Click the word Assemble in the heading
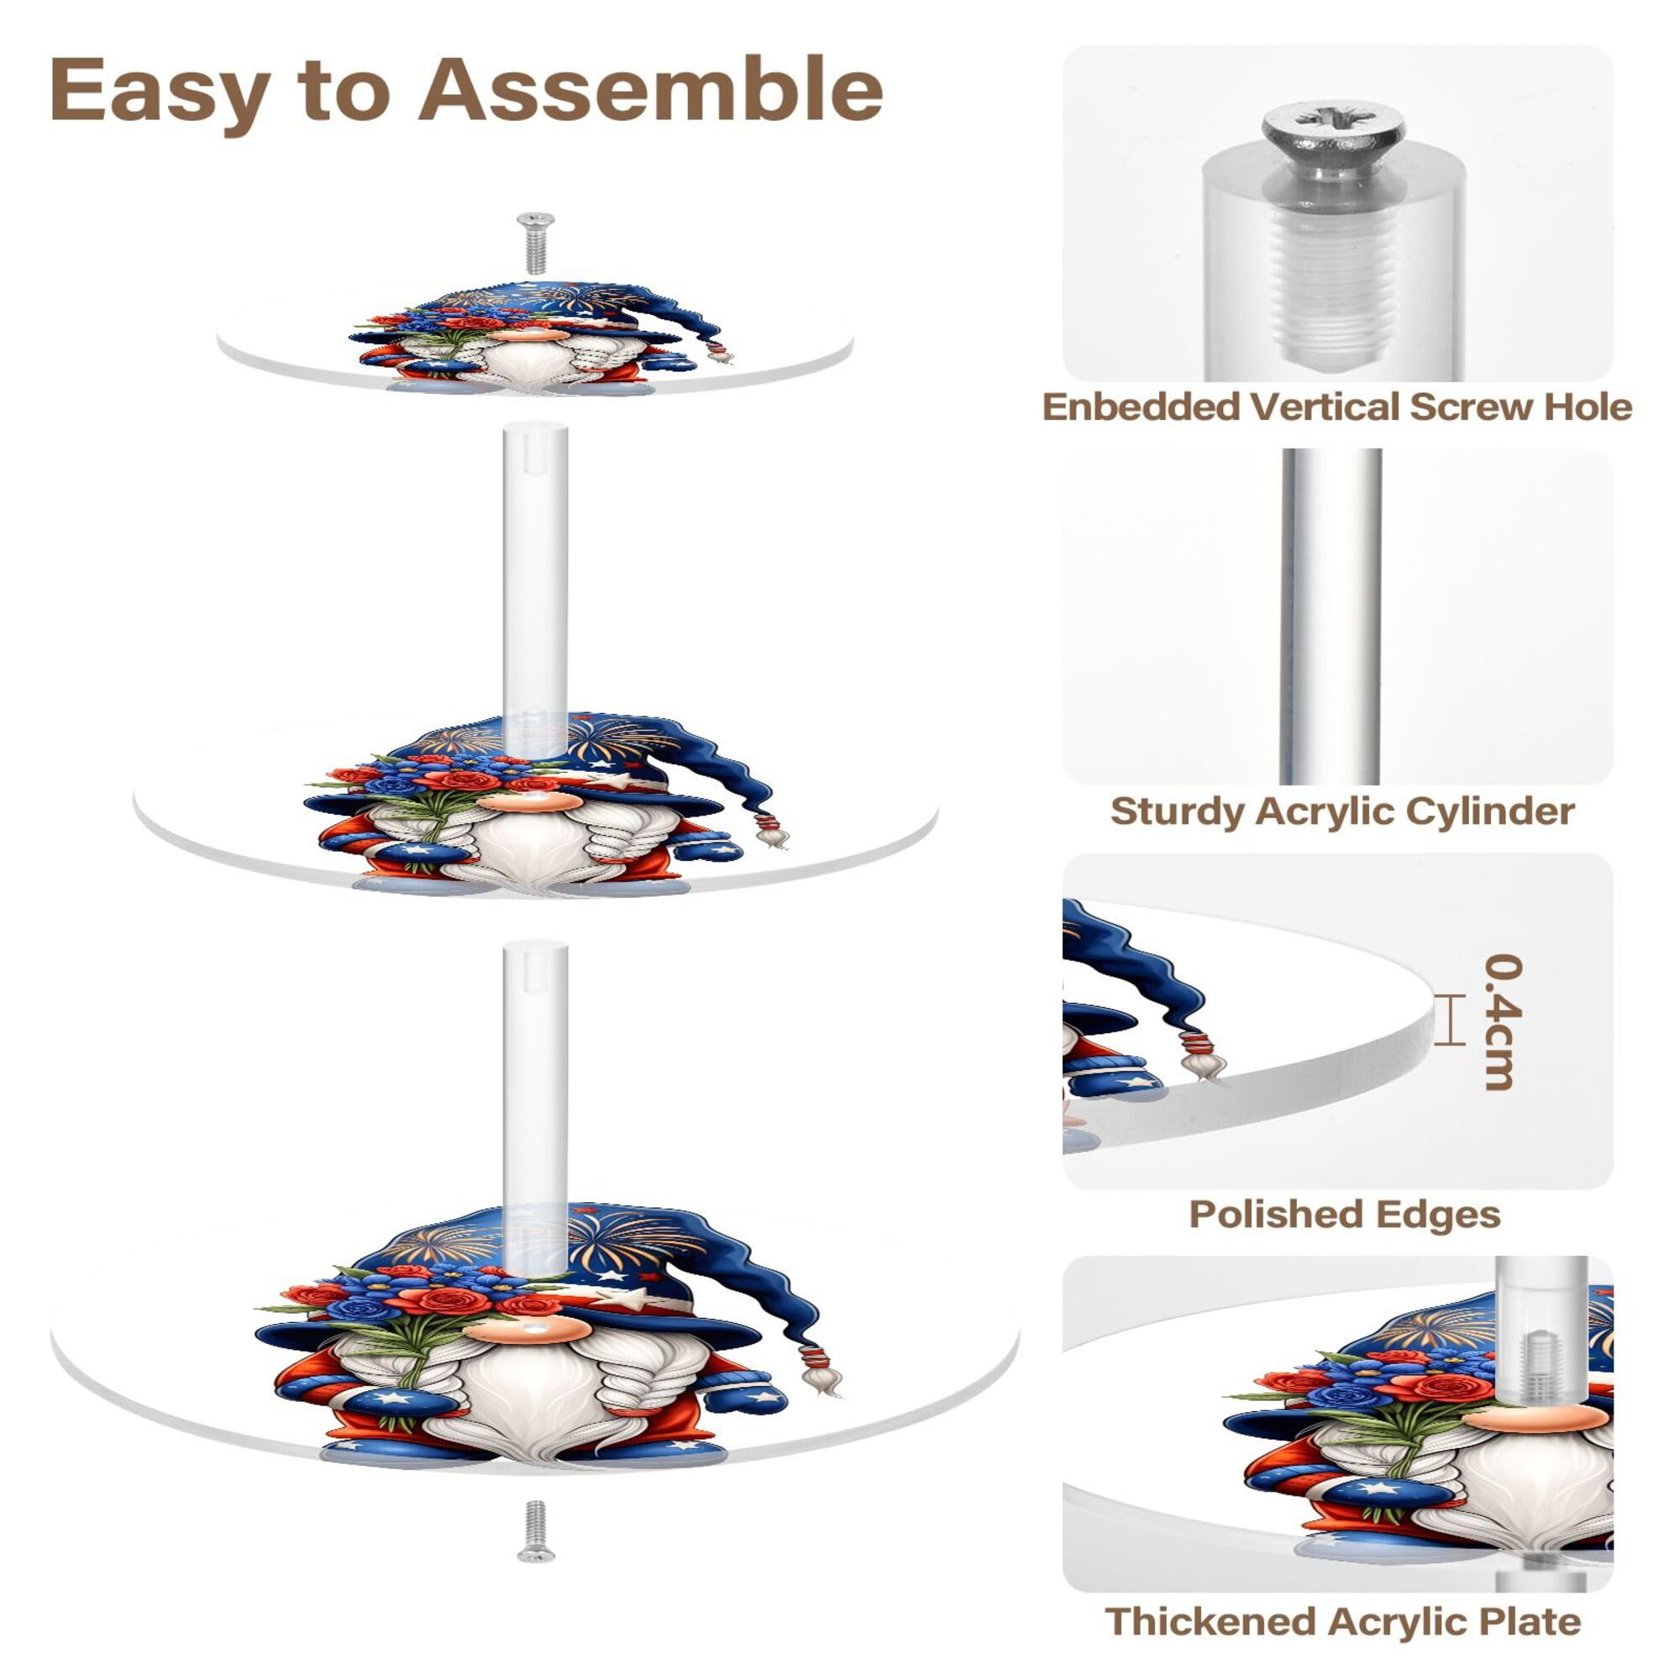coord(650,91)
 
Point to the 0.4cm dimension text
coord(1503,1021)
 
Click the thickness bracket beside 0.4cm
coord(1446,1019)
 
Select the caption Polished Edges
coord(1344,1214)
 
